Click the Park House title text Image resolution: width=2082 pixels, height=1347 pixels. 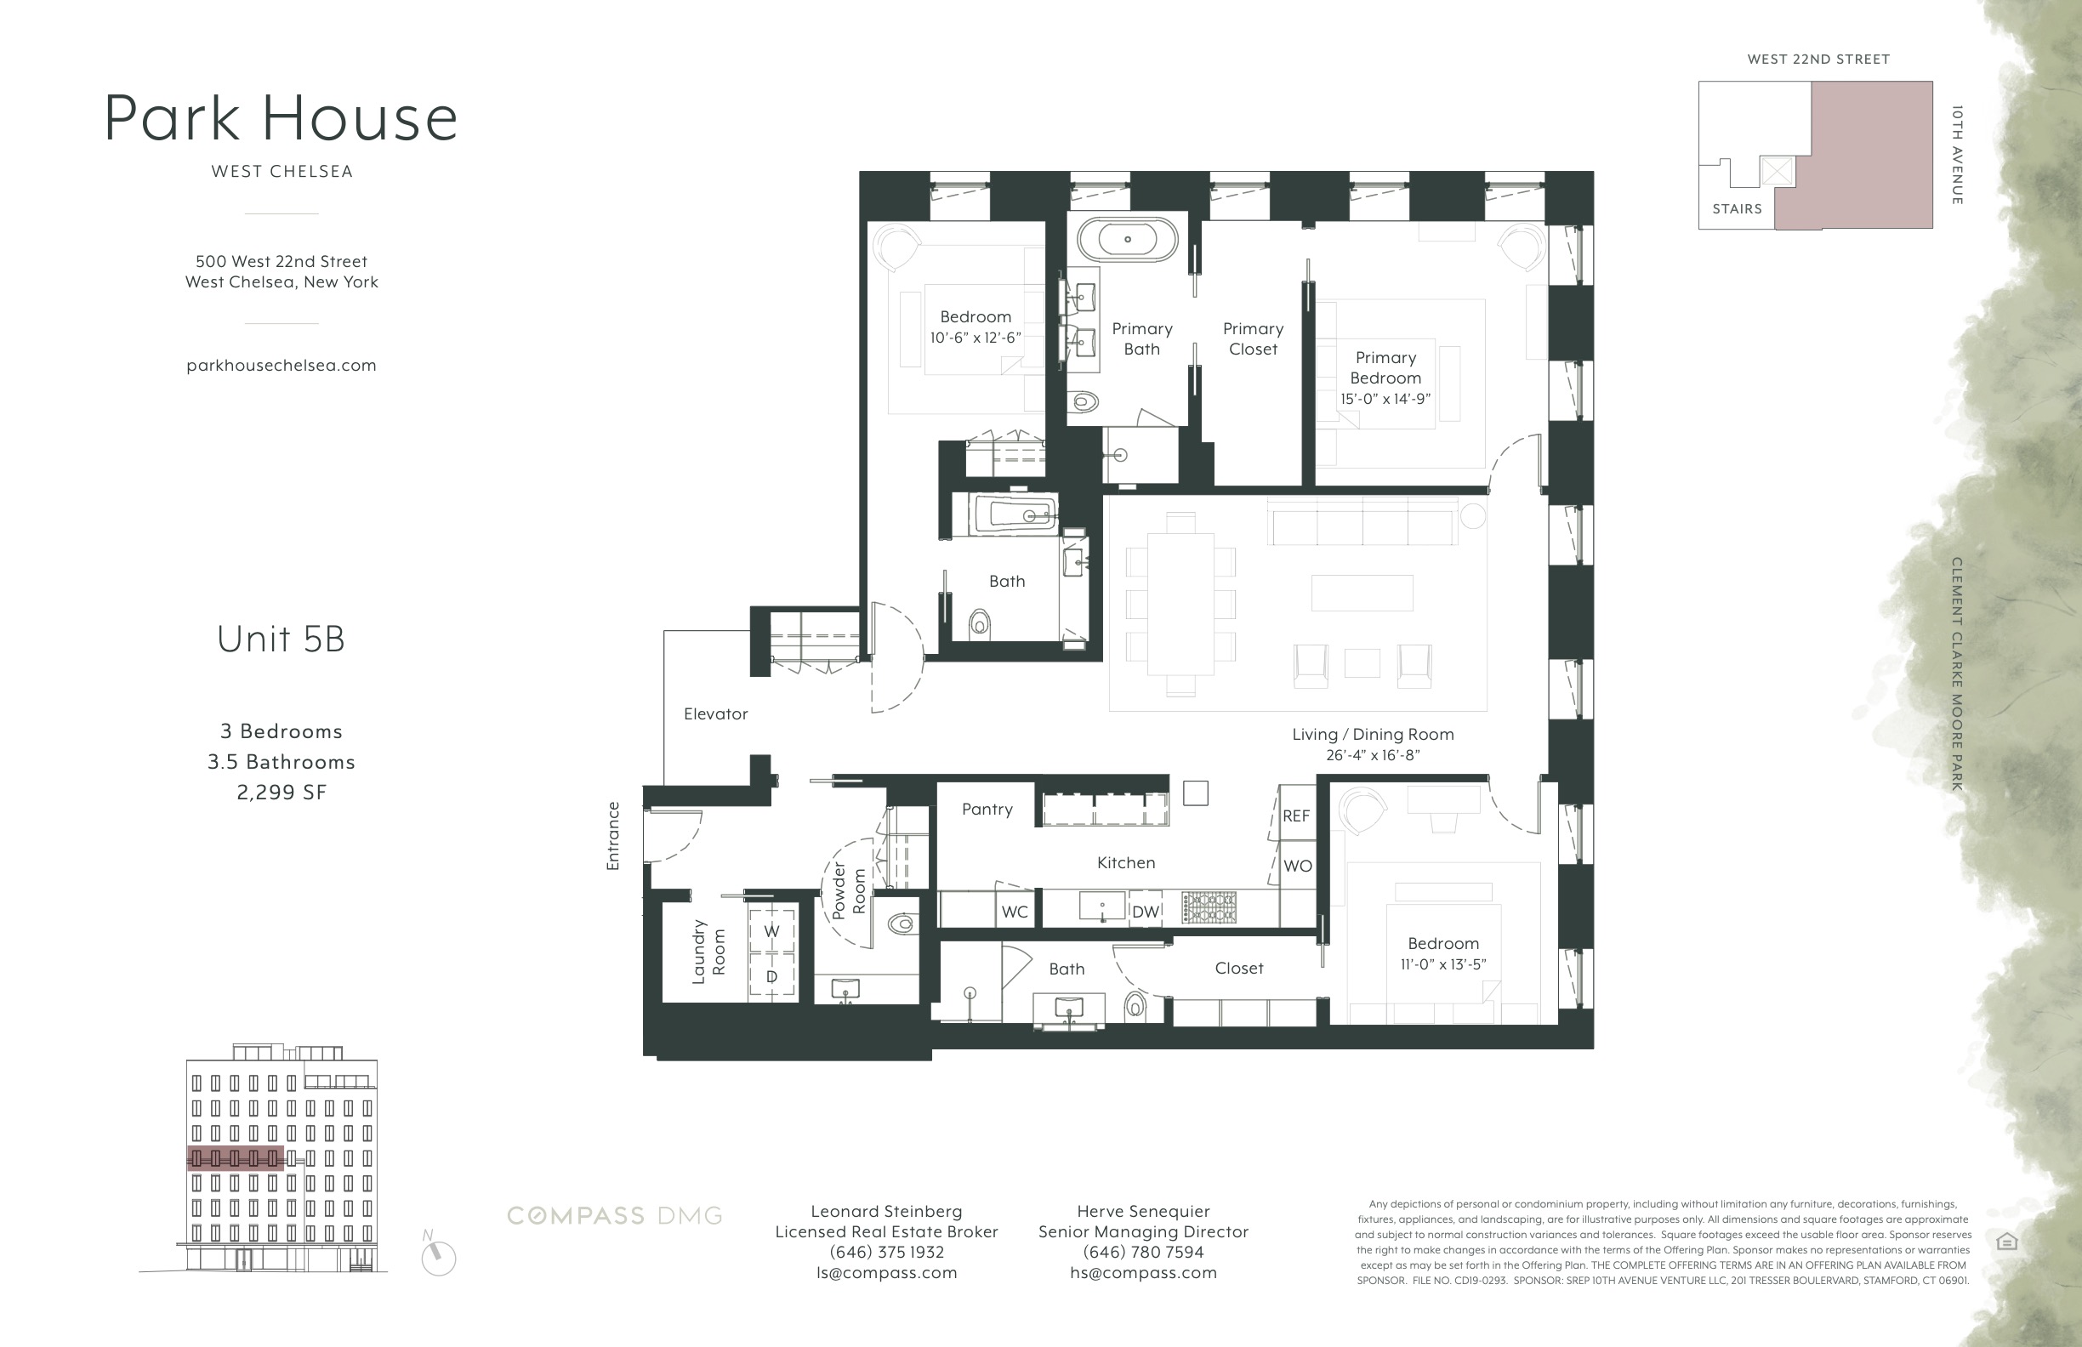point(281,118)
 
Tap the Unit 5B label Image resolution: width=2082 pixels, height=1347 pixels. point(281,639)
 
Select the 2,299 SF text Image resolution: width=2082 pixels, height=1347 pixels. point(281,793)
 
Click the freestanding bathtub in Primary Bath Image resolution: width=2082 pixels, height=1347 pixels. point(1127,239)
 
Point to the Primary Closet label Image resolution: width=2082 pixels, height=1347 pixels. point(1253,338)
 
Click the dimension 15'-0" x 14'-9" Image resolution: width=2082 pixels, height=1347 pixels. point(1385,399)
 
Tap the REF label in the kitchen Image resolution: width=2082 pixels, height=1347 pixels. point(1295,816)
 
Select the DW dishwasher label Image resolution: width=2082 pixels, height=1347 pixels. point(1145,912)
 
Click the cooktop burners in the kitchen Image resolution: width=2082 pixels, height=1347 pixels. point(1209,907)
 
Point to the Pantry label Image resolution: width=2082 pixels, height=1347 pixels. point(987,809)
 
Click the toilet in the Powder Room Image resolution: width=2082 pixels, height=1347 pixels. point(900,923)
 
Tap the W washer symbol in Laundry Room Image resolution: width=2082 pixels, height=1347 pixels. point(771,931)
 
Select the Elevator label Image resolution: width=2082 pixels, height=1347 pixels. point(715,713)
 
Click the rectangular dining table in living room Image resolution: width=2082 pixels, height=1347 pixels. point(1180,604)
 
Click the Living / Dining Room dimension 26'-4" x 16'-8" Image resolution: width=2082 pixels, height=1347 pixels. point(1373,755)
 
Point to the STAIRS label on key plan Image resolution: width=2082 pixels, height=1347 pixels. point(1737,209)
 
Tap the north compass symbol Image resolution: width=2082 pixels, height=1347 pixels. point(438,1257)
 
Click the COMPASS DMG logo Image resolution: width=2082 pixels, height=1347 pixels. point(614,1216)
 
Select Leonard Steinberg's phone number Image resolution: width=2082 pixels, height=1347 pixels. point(886,1252)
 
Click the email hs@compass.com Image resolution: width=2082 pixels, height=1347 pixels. point(1142,1273)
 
